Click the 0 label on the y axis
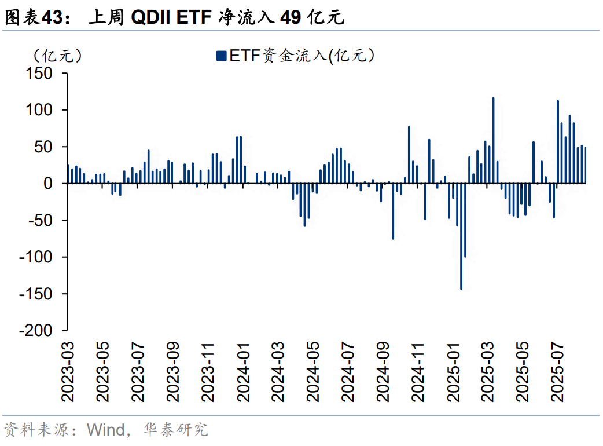click(x=49, y=184)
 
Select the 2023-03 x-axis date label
click(x=69, y=371)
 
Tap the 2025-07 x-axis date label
click(x=558, y=371)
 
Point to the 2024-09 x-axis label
click(x=384, y=371)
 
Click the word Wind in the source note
click(x=105, y=430)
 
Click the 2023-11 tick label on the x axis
click(x=209, y=371)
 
